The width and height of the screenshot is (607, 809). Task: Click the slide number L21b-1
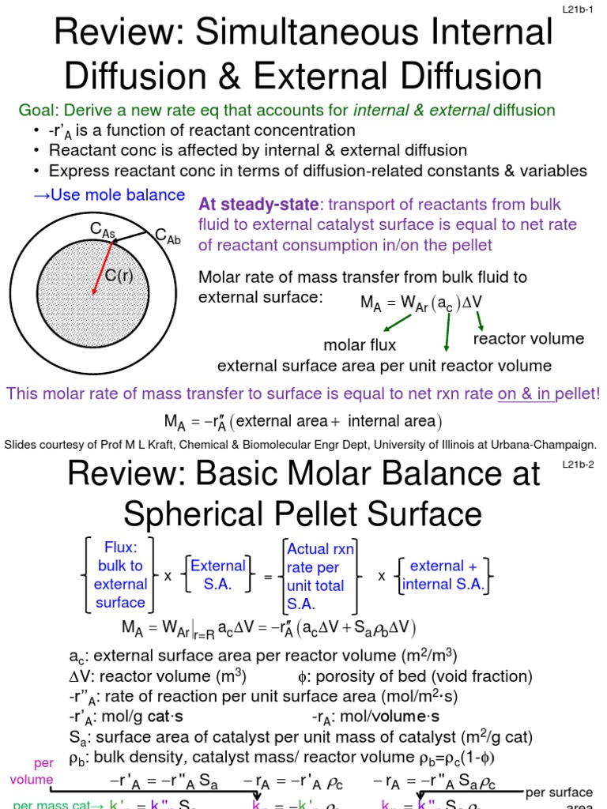tap(582, 9)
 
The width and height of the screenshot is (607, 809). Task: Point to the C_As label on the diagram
tap(102, 229)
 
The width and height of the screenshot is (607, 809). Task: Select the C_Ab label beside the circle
tap(168, 235)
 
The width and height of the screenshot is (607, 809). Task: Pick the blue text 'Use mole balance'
tap(110, 194)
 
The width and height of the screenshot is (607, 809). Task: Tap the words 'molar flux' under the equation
tap(360, 344)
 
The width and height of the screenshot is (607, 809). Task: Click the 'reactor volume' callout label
tap(528, 339)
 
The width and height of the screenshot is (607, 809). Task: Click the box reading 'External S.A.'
tap(218, 574)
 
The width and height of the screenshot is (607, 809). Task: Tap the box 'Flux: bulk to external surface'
tap(120, 574)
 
